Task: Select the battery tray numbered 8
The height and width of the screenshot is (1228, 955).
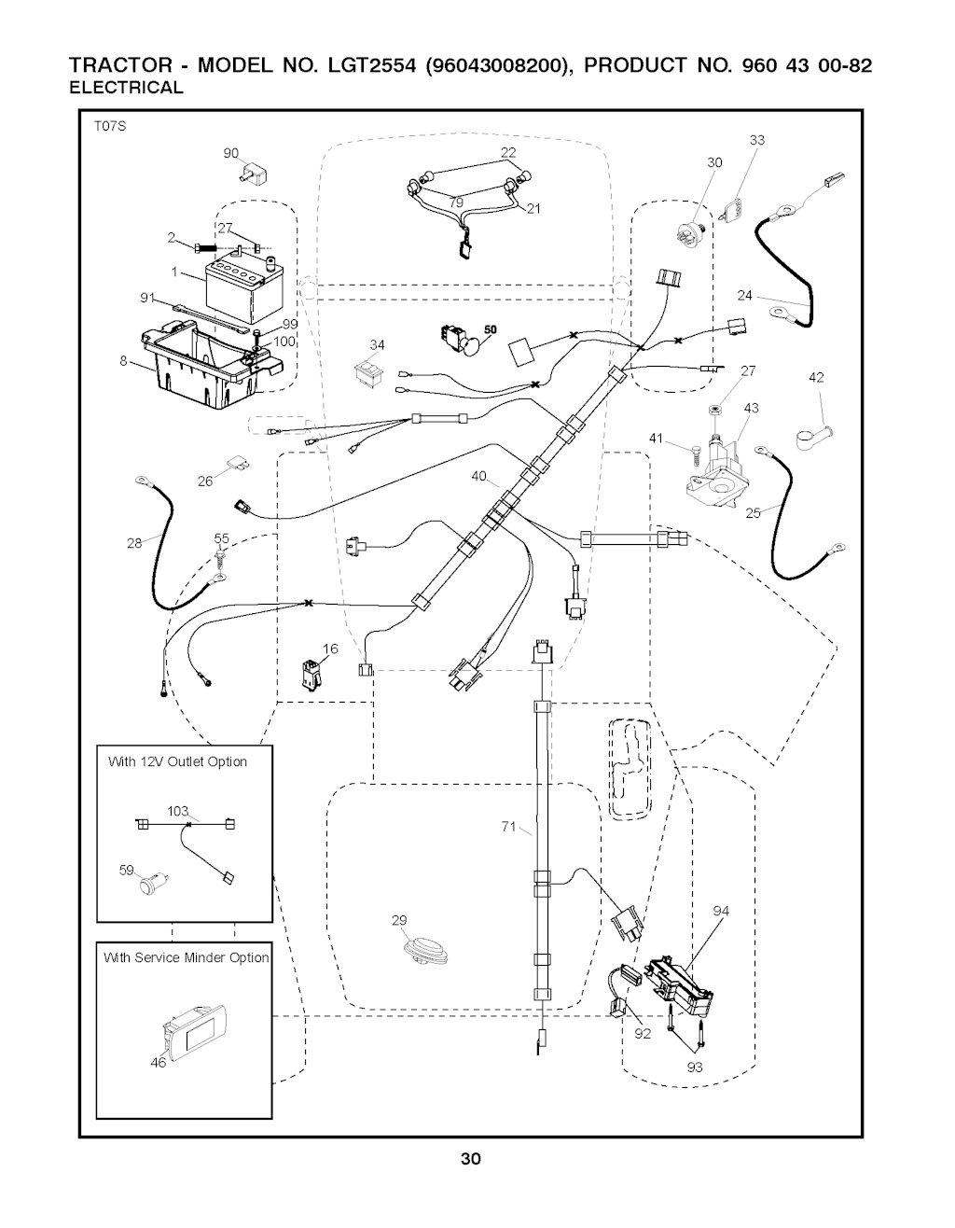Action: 198,364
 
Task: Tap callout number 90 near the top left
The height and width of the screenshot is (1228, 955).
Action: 231,153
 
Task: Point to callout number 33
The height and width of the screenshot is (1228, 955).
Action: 756,141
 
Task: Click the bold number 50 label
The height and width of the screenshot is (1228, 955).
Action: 491,328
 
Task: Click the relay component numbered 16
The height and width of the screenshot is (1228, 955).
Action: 310,673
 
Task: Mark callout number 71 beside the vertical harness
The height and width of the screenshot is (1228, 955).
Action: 508,827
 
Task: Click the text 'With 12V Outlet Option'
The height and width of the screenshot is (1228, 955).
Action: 177,761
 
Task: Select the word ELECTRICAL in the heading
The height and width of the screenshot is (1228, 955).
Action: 127,88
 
